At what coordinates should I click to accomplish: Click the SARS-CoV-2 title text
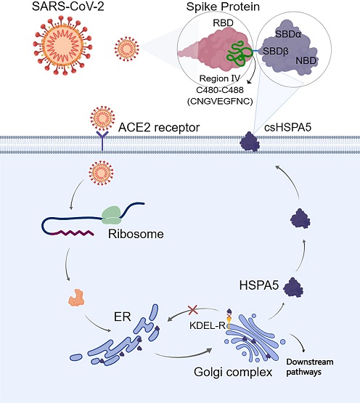click(x=67, y=6)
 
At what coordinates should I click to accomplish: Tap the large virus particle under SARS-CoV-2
click(x=62, y=45)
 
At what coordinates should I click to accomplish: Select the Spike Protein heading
click(x=223, y=7)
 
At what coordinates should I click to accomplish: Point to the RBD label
click(x=223, y=23)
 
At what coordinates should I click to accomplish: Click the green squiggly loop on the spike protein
click(x=239, y=54)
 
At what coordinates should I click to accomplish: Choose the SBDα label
click(x=288, y=34)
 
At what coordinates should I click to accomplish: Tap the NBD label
click(x=306, y=61)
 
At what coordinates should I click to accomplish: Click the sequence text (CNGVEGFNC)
click(x=220, y=101)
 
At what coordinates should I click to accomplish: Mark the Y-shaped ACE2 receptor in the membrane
click(x=102, y=141)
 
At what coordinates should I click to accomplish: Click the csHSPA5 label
click(x=288, y=128)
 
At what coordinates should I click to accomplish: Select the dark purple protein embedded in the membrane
click(x=250, y=142)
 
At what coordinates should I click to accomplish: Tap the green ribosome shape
click(x=112, y=215)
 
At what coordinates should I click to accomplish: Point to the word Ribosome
click(x=136, y=234)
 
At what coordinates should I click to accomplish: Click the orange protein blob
click(x=76, y=298)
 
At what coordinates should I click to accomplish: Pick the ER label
click(x=123, y=317)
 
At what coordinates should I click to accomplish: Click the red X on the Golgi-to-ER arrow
click(x=193, y=310)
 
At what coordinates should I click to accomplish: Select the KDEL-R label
click(x=208, y=325)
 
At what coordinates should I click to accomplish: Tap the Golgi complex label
click(x=233, y=372)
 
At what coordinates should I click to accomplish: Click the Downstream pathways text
click(x=310, y=367)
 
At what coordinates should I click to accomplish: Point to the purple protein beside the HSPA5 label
click(x=293, y=288)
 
